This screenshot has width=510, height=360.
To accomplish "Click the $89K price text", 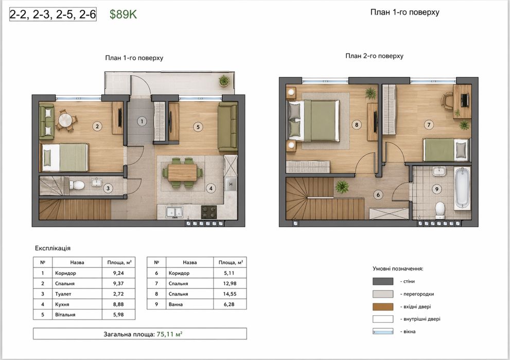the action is (x=123, y=14).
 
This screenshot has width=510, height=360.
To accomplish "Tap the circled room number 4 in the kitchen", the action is (x=211, y=188).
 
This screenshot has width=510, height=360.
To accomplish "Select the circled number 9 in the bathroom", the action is (x=436, y=189).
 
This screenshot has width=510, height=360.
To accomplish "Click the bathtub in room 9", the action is (x=462, y=188).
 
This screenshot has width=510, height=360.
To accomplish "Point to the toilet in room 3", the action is (x=77, y=185).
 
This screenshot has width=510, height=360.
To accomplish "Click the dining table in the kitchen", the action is (x=182, y=172).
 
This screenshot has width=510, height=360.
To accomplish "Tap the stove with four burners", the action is (x=209, y=212).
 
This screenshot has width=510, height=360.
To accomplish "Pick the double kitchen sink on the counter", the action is (x=174, y=212).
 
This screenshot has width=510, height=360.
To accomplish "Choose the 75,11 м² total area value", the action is (x=169, y=334).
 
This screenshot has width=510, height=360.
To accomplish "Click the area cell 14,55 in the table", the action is (x=230, y=294).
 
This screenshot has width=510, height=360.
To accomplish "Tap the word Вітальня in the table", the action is (x=65, y=315).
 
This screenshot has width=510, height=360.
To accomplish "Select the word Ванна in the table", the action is (x=175, y=304).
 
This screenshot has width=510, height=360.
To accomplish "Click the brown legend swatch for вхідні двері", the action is (x=383, y=306).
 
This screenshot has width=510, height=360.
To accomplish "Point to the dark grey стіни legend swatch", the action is (x=383, y=281).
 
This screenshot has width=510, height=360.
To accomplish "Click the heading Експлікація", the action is (x=52, y=248).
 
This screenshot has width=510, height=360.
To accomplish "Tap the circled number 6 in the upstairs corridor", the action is (x=378, y=195).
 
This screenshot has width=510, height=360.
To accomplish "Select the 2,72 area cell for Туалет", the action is (x=118, y=294).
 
